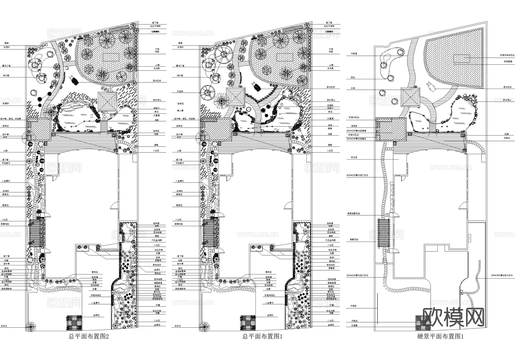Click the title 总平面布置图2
pyautogui.click(x=89, y=337)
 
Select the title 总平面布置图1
pyautogui.click(x=262, y=337)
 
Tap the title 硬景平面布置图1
pyautogui.click(x=440, y=337)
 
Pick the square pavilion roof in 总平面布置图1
pyautogui.click(x=236, y=97)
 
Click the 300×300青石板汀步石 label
pyautogui.click(x=502, y=275)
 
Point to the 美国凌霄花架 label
pyautogui.click(x=354, y=214)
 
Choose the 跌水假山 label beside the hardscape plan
pyautogui.click(x=508, y=100)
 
